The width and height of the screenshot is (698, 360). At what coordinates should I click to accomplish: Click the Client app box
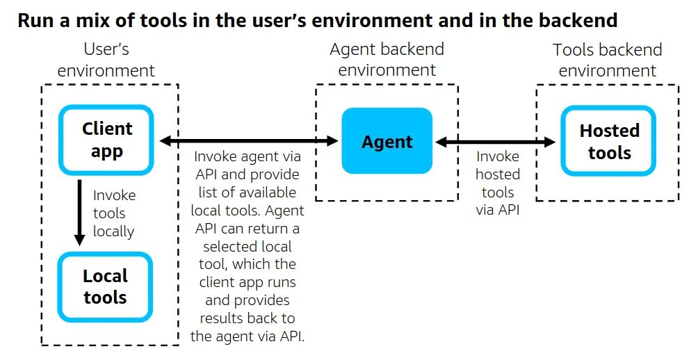(106, 140)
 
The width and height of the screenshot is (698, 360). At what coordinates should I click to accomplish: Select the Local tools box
(105, 287)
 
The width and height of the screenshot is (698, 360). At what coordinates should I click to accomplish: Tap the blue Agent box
(387, 142)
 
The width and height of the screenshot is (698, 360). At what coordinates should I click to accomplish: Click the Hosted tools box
(609, 142)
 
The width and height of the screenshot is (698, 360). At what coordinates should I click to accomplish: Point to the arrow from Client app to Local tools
(80, 212)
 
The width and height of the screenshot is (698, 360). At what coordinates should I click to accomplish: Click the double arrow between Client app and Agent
(249, 141)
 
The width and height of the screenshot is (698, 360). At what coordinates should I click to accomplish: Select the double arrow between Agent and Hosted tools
(496, 142)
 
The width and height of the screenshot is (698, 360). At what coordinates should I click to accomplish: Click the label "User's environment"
(106, 60)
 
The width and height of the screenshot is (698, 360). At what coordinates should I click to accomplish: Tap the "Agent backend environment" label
(387, 60)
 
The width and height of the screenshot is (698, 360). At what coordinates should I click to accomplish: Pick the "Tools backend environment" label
(607, 60)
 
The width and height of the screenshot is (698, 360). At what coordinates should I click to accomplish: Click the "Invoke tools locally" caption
(113, 213)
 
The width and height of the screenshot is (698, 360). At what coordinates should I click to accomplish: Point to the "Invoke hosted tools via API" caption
(497, 183)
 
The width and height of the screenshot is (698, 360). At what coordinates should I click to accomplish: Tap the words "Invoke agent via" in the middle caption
(247, 156)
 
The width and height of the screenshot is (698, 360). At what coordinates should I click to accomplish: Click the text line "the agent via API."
(247, 336)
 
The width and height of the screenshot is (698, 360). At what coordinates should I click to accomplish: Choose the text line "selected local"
(247, 247)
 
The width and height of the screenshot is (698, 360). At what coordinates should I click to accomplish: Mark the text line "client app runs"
(247, 282)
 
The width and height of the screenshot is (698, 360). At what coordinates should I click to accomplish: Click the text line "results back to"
(247, 318)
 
